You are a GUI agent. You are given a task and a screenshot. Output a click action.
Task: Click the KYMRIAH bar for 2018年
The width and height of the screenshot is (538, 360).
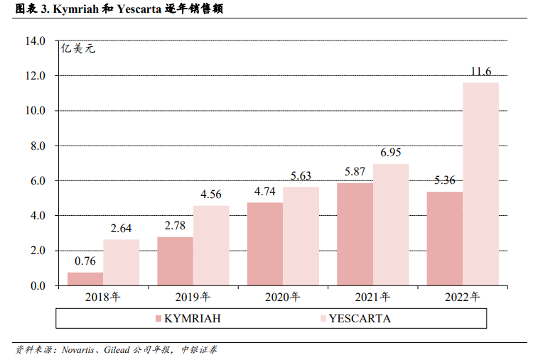(x=85, y=279)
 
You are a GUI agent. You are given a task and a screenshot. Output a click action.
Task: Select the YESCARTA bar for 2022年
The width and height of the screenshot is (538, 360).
(x=480, y=184)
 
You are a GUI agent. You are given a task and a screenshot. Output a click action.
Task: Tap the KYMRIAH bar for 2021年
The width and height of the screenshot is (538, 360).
(x=355, y=234)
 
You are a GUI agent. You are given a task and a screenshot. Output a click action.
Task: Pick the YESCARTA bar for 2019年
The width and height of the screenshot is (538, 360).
(x=211, y=246)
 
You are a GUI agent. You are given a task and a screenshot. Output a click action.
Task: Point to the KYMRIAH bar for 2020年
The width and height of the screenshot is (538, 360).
(x=265, y=244)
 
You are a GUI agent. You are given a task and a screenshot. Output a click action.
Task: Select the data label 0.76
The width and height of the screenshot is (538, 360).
(x=85, y=261)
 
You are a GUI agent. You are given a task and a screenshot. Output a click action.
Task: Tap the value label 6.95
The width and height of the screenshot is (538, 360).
(x=391, y=153)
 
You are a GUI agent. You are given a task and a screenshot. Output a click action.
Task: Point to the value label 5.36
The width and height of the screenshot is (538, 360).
(x=445, y=180)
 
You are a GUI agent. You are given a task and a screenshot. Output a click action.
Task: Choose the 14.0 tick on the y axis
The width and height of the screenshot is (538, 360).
(x=35, y=41)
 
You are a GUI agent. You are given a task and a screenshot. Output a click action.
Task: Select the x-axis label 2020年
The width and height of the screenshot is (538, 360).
(x=283, y=297)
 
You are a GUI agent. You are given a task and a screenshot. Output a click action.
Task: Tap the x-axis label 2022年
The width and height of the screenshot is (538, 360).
(x=463, y=297)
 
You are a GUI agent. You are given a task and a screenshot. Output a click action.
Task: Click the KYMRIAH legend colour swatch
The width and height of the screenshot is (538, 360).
(x=158, y=319)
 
